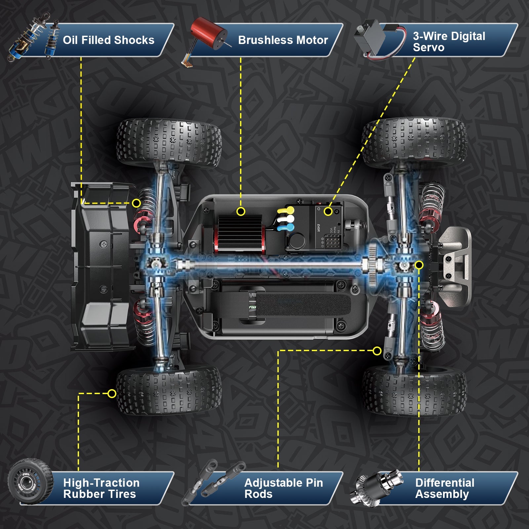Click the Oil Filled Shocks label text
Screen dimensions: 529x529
point(108,40)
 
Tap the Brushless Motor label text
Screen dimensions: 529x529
point(283,40)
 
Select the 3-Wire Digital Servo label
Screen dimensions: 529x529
point(449,42)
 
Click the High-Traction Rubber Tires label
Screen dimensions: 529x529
point(101,488)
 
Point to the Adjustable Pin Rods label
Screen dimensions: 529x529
point(283,488)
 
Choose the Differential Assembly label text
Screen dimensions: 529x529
point(444,488)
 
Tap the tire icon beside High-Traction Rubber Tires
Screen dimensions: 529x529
point(30,481)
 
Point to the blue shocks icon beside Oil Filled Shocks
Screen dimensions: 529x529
point(33,38)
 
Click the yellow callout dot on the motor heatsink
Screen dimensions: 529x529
point(241,211)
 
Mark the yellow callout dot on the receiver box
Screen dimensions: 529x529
point(328,211)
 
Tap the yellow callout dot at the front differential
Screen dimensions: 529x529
point(419,265)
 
